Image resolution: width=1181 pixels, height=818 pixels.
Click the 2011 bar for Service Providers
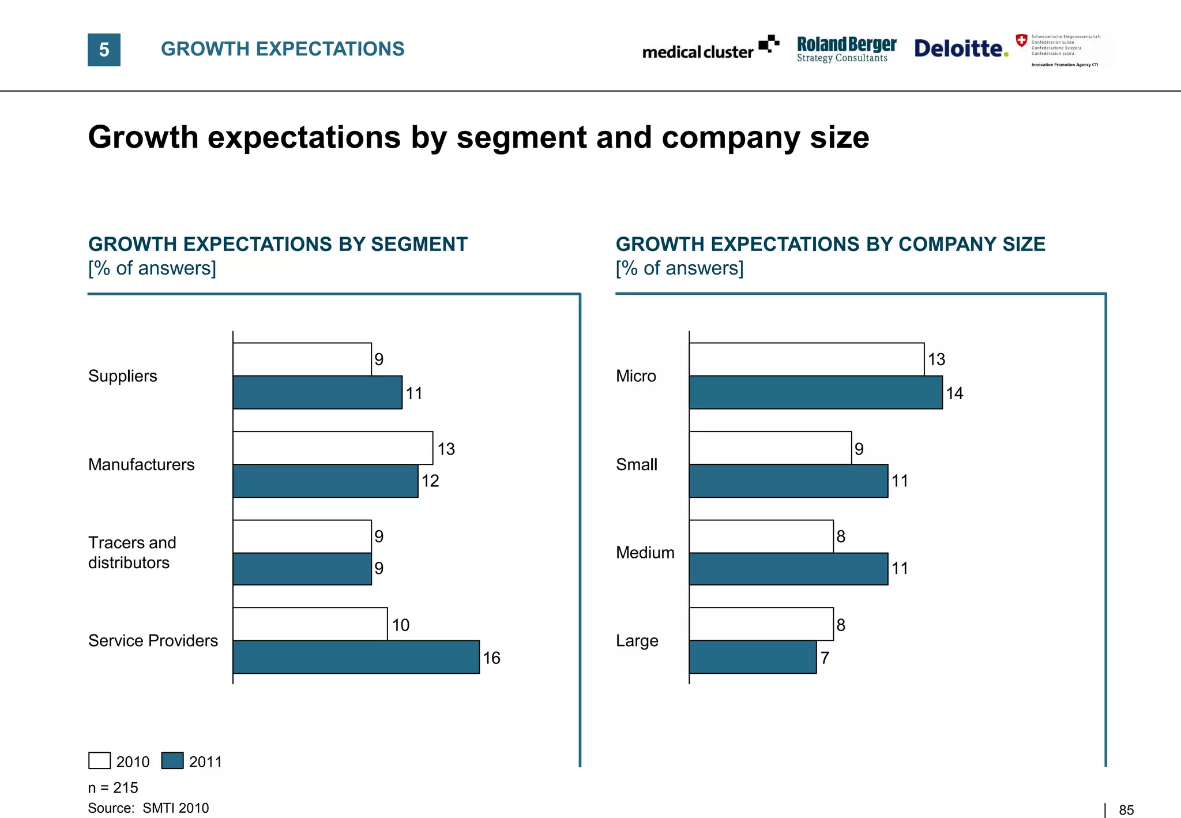356,656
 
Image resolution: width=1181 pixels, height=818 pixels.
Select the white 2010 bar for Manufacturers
333,448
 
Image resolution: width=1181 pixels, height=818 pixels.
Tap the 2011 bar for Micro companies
815,392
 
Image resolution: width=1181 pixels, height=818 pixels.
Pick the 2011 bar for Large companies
753,656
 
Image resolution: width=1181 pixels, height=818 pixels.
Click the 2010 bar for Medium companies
761,536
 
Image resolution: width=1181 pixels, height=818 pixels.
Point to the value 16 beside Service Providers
491,658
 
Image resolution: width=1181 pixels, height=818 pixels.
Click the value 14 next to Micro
954,393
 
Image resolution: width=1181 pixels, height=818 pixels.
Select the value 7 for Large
825,658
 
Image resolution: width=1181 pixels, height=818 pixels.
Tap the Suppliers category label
122,376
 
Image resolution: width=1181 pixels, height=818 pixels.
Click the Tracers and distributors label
132,552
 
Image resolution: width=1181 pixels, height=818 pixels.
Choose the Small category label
636,464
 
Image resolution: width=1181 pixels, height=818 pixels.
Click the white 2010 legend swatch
99,760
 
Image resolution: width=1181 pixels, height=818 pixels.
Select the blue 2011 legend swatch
172,760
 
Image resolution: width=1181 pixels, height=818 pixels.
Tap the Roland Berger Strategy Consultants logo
846,49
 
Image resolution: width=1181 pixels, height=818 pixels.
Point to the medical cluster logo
710,48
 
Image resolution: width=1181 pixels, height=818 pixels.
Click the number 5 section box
104,50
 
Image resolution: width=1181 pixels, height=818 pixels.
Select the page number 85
1126,810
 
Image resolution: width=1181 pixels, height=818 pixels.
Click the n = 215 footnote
113,787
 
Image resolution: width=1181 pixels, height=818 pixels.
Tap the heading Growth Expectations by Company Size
830,244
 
